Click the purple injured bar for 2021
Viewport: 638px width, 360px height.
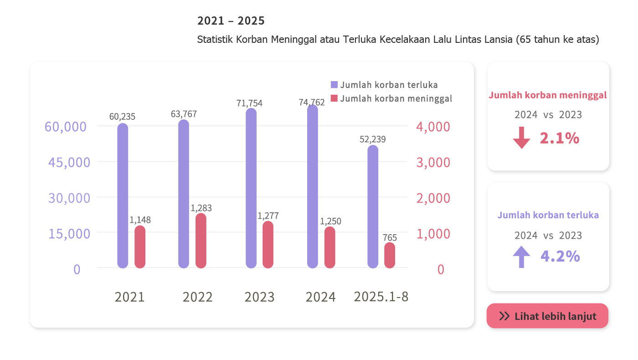[x=123, y=196]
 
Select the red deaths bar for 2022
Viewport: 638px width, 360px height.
[x=201, y=241]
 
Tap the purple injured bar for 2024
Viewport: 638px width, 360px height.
[x=313, y=187]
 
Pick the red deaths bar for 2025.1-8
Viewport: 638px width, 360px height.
[x=390, y=255]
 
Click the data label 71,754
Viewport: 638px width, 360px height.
[x=249, y=103]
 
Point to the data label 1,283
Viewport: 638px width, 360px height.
[x=201, y=208]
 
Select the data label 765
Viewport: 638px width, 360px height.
[x=390, y=237]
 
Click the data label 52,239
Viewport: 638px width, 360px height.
[x=373, y=139]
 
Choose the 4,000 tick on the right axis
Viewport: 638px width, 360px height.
[x=433, y=127]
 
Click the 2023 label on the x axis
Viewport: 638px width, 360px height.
[x=260, y=297]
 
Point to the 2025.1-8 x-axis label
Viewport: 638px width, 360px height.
[x=381, y=297]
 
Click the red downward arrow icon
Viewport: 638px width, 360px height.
[x=521, y=138]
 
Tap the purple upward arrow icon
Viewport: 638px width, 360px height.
[x=521, y=257]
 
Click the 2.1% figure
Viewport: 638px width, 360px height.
[x=559, y=138]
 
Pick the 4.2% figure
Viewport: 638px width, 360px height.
[x=560, y=257]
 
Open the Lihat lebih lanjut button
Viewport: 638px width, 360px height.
[x=547, y=316]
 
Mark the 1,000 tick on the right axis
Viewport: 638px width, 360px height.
[x=433, y=234]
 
